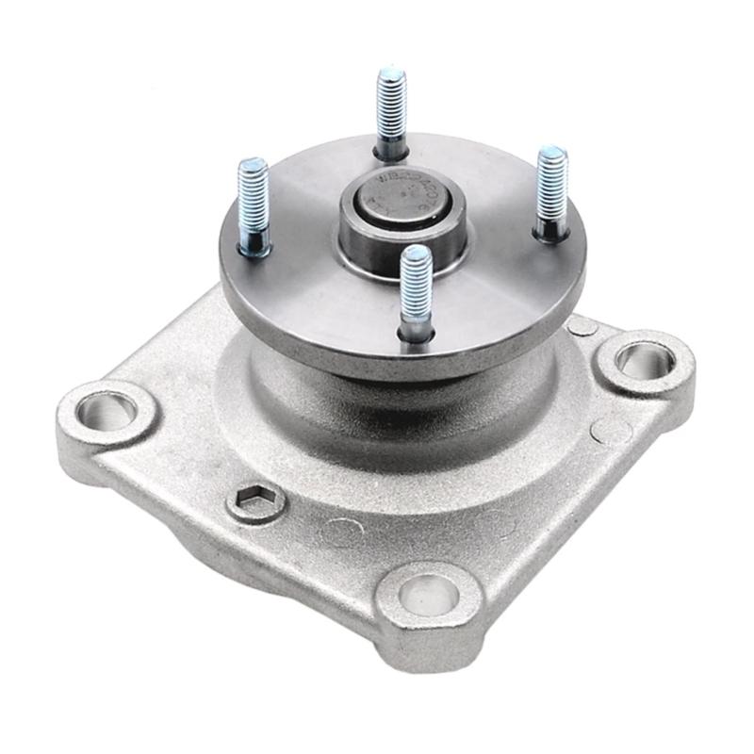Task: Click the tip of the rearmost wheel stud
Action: [391, 73]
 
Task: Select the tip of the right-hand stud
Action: [552, 153]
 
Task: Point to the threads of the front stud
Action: [416, 287]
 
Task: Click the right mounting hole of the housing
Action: [646, 361]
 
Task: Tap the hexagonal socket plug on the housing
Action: [256, 501]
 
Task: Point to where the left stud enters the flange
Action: [254, 250]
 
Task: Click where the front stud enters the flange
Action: [416, 332]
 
